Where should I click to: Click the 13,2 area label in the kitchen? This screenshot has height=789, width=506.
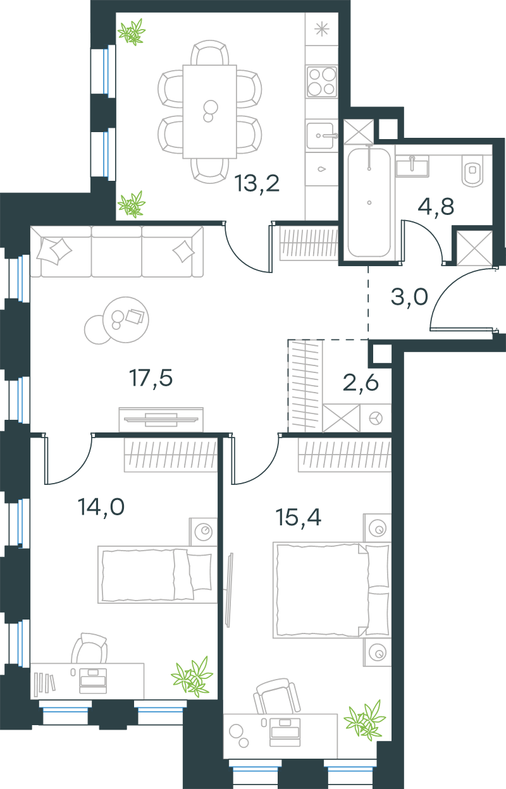(x=257, y=183)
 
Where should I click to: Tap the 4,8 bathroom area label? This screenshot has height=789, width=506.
(x=436, y=206)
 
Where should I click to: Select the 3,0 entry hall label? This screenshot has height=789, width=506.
(x=409, y=297)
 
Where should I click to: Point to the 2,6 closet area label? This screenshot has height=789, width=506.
(x=361, y=382)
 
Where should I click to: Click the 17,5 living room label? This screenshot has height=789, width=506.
(x=151, y=378)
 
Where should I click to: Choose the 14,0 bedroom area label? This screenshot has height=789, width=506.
(x=101, y=507)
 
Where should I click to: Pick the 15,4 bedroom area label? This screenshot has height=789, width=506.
(x=298, y=517)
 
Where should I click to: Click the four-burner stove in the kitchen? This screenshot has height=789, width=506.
(x=321, y=82)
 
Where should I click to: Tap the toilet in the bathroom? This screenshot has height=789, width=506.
(x=473, y=171)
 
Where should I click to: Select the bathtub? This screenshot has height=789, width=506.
(x=369, y=202)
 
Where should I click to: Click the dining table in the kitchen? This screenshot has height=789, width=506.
(x=209, y=111)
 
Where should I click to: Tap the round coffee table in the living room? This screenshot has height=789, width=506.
(x=125, y=320)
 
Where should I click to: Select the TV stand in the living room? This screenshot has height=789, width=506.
(x=161, y=420)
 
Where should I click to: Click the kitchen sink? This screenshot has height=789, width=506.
(x=320, y=135)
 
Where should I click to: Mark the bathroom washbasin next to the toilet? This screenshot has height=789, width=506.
(x=412, y=166)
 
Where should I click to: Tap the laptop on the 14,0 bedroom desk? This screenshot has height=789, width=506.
(x=93, y=681)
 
